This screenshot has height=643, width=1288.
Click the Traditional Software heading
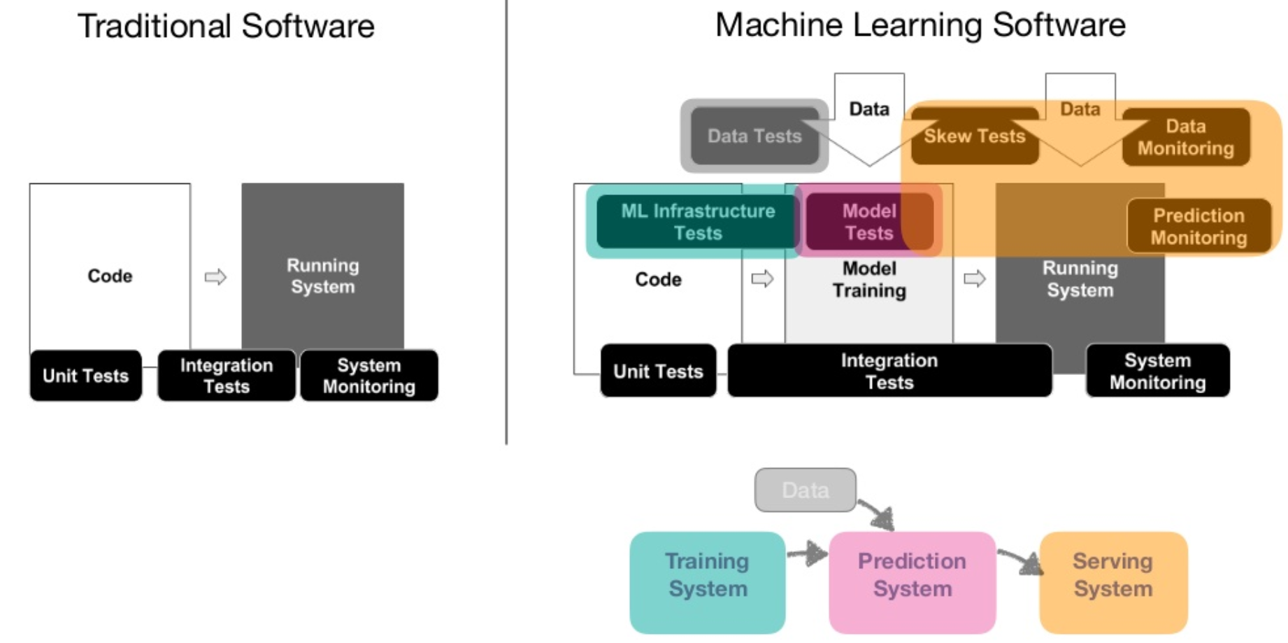(x=226, y=27)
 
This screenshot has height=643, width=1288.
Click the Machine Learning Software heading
(x=920, y=25)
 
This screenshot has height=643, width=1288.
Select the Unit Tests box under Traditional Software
(x=86, y=376)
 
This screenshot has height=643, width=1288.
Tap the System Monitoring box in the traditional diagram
(x=369, y=376)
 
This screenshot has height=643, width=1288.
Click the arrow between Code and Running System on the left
(x=215, y=277)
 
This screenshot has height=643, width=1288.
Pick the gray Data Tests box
(x=754, y=136)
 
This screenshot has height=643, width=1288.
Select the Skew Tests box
(x=974, y=136)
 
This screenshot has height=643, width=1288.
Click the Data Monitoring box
(x=1185, y=137)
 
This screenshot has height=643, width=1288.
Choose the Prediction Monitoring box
(x=1198, y=226)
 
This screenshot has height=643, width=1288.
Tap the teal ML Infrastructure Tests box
(x=697, y=222)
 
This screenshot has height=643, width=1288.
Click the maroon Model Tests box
(x=868, y=222)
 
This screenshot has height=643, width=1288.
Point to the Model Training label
(x=869, y=280)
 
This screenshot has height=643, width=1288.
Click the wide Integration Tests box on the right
(x=889, y=371)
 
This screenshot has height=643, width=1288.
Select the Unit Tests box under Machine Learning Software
(x=658, y=371)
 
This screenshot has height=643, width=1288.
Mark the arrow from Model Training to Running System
(x=974, y=279)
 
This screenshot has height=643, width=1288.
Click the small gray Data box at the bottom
(x=805, y=490)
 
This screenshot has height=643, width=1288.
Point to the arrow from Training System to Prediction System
(x=808, y=554)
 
